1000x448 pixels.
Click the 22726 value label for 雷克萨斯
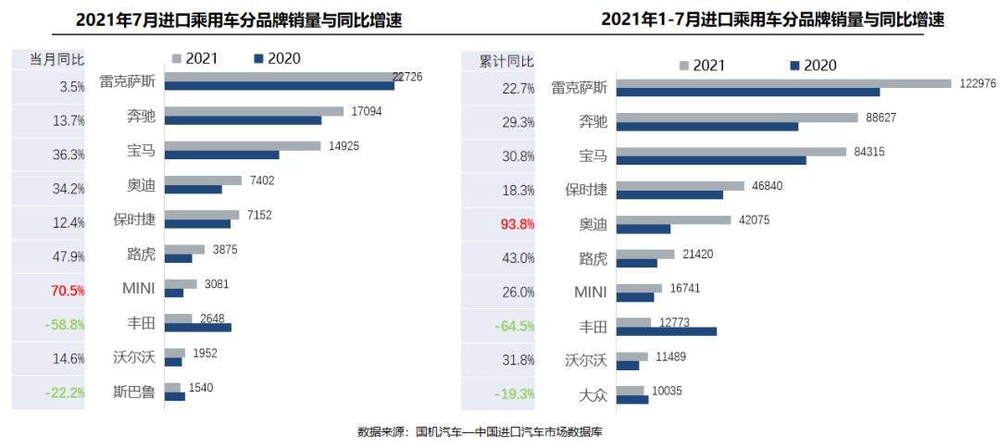point(406,77)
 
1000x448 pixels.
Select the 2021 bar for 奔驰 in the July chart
point(254,111)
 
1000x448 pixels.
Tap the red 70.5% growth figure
point(68,291)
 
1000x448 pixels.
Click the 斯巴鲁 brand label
point(135,392)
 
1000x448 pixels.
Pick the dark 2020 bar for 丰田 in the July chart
point(198,327)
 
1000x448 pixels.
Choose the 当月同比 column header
point(56,60)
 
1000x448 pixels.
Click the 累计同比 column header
point(506,62)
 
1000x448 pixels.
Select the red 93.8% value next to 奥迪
point(517,224)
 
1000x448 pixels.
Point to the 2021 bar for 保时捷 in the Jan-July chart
point(681,185)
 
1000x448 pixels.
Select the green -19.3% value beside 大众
point(517,393)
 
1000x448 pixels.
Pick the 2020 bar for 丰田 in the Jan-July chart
point(667,330)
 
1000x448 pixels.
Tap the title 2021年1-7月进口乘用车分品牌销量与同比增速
point(779,19)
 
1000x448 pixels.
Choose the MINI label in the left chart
point(139,289)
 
